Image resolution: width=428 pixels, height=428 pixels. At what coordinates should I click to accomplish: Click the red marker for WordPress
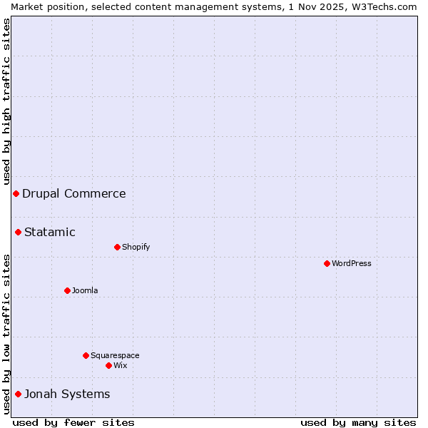(x=327, y=263)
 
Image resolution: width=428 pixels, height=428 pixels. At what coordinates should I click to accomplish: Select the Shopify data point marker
(x=117, y=247)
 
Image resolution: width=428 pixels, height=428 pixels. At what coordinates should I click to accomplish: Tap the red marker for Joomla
(x=67, y=290)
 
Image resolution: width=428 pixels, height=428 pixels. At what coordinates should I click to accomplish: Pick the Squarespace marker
(x=86, y=355)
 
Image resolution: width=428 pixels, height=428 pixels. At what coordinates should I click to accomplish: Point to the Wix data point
(x=108, y=365)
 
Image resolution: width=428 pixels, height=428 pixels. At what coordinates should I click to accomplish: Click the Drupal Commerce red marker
(x=16, y=193)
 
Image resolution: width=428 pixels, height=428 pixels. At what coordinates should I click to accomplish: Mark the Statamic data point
(x=18, y=232)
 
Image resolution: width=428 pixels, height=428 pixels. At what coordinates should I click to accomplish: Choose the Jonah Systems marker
(x=18, y=394)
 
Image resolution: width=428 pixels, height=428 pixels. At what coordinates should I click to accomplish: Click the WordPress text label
(x=352, y=263)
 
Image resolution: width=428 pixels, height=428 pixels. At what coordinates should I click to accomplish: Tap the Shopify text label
(x=136, y=247)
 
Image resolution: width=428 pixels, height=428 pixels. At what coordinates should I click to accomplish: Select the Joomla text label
(x=85, y=290)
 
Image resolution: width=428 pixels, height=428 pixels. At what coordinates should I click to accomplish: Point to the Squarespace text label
(x=115, y=355)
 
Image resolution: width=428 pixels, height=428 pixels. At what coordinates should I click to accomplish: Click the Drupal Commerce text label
(x=74, y=193)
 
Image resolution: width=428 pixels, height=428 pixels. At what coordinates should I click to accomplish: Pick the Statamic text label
(x=50, y=232)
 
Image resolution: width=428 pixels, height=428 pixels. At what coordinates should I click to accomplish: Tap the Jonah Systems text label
(x=67, y=394)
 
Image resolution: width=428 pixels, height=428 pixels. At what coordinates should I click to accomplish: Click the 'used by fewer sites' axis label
(x=73, y=422)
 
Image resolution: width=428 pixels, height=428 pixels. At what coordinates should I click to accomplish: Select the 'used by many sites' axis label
(x=358, y=422)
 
